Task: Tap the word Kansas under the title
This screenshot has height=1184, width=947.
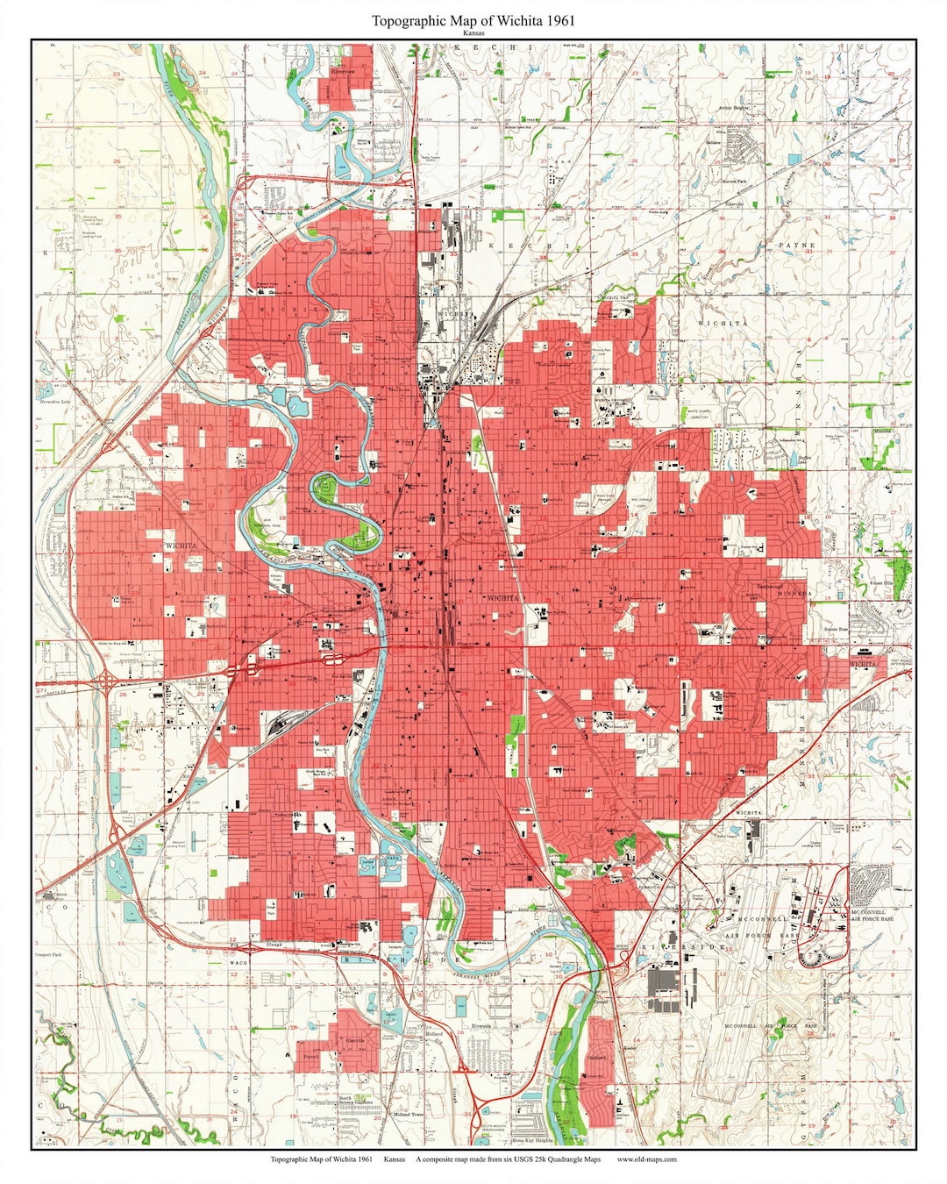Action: tap(473, 33)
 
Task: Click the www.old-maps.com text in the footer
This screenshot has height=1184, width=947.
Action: tap(646, 1159)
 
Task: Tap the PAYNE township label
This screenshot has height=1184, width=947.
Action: tap(795, 245)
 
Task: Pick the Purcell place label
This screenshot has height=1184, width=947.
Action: tap(309, 1057)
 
